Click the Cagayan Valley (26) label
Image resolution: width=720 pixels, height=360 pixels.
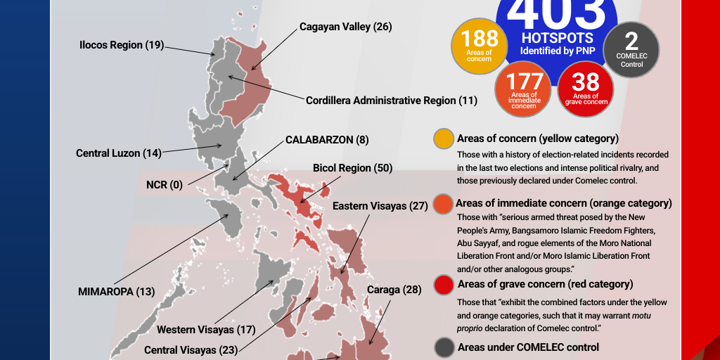[345, 27]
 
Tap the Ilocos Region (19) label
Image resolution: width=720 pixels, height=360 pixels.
[122, 45]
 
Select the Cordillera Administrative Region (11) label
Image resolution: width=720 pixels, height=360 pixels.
[391, 101]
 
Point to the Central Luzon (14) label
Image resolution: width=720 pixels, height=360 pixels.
[119, 153]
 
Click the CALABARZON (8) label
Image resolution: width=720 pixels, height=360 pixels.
[327, 140]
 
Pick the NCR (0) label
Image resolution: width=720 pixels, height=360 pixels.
[164, 185]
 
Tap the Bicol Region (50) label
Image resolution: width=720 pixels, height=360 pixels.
[352, 168]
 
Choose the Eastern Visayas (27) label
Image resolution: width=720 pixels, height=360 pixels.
[380, 206]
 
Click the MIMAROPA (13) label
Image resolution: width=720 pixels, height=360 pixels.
[116, 291]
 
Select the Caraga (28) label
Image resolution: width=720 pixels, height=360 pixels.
[394, 290]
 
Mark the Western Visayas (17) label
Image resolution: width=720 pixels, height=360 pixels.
[206, 329]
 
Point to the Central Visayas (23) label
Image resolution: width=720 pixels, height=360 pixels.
[191, 349]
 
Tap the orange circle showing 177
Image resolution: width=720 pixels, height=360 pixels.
[524, 89]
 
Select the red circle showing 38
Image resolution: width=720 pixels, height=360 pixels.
[586, 89]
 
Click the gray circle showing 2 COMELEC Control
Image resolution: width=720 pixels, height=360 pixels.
[631, 49]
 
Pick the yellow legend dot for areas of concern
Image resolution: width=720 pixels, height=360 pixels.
[444, 139]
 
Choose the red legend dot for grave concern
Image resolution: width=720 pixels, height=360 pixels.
[444, 285]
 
